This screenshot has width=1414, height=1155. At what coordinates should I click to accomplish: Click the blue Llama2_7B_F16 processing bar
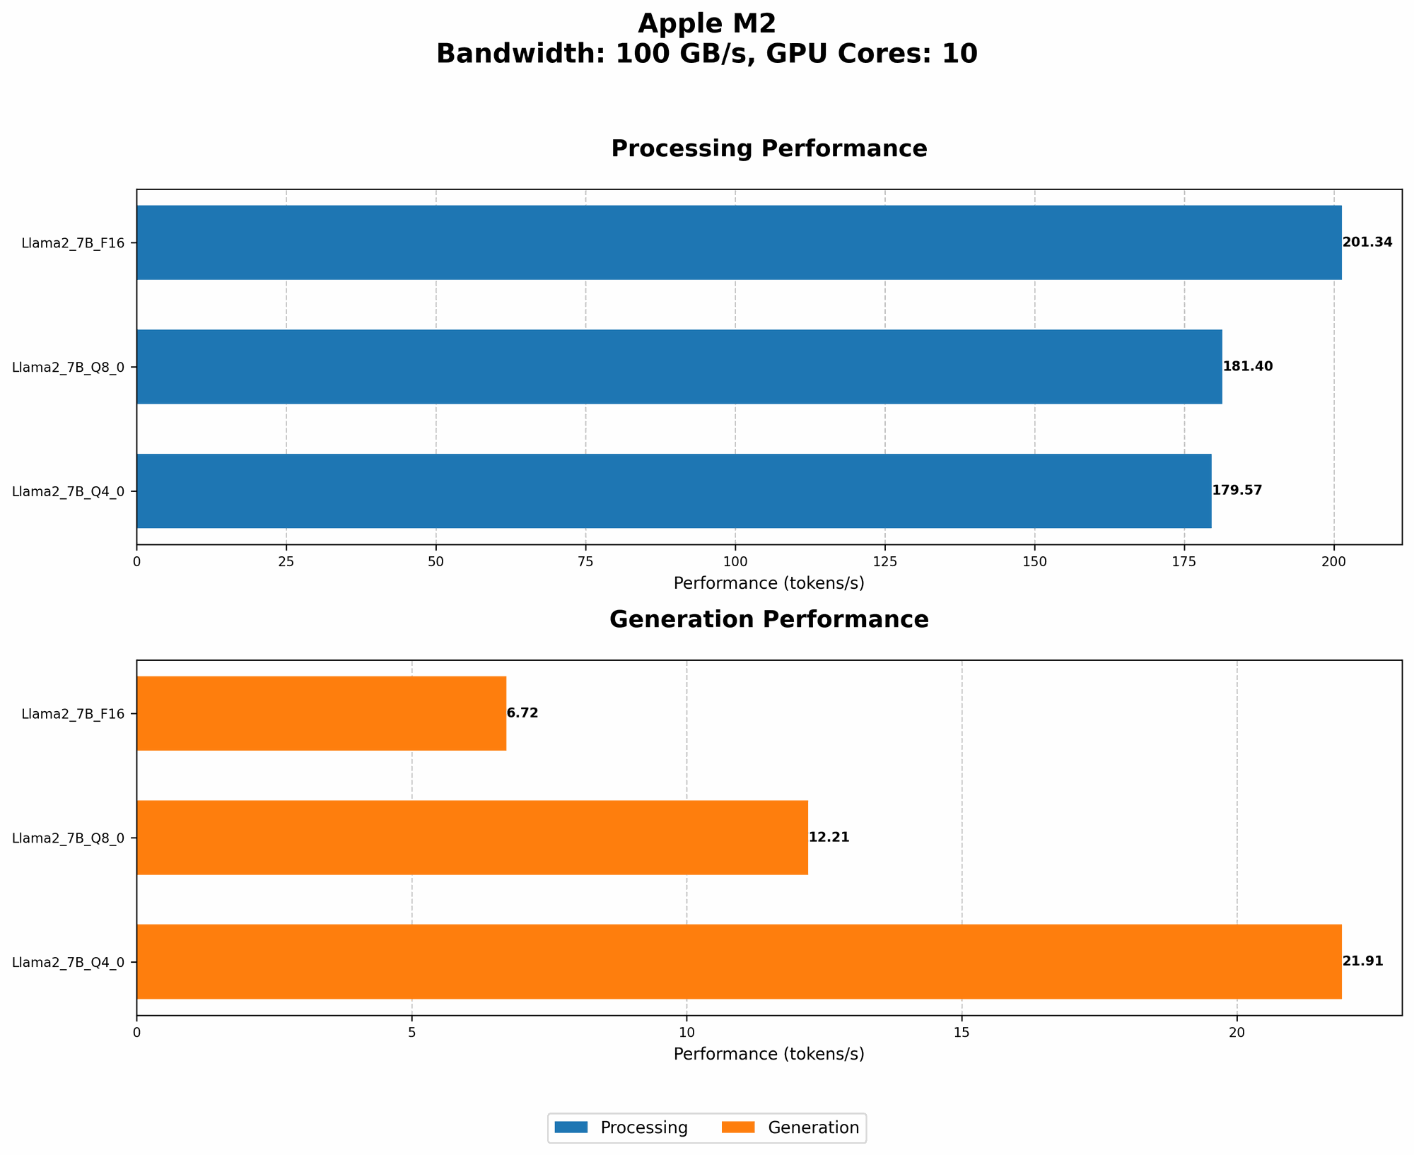[739, 242]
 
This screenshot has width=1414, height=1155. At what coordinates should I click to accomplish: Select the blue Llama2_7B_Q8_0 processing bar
[679, 367]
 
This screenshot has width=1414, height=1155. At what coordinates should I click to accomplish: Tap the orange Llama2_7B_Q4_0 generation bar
[739, 961]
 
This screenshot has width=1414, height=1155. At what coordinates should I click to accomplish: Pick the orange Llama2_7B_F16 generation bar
[322, 713]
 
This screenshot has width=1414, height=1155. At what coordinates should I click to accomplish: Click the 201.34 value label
[1367, 242]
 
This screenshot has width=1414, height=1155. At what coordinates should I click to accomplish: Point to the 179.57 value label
[1237, 491]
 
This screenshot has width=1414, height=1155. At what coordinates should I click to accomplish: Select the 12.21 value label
[829, 838]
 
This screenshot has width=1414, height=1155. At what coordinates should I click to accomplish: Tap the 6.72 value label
[522, 713]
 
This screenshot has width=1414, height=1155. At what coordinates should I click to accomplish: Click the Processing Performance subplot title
[769, 149]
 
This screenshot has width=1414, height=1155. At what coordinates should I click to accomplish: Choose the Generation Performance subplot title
[769, 620]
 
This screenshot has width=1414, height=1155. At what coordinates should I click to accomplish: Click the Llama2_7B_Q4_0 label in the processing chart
[69, 491]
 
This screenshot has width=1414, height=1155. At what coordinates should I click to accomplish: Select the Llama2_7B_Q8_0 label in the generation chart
[69, 838]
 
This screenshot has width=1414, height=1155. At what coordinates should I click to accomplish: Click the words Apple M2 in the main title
[706, 24]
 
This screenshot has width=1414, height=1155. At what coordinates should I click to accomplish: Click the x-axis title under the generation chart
[769, 1054]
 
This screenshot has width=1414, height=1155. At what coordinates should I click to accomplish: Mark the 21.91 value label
[1362, 961]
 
